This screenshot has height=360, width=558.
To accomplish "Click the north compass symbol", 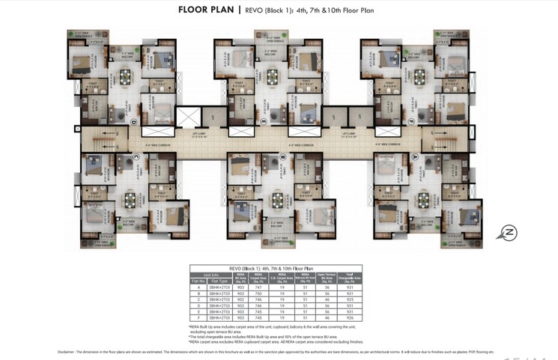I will [x=509, y=233].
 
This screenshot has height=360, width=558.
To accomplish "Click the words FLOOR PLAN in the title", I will [x=206, y=10].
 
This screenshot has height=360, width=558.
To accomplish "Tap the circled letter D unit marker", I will [x=133, y=121].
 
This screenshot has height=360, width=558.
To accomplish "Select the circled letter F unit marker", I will [x=410, y=121].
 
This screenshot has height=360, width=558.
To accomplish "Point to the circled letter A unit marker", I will [x=414, y=157].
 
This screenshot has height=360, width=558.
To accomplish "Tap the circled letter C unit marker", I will [x=136, y=157].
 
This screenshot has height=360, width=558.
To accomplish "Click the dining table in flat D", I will [x=124, y=77].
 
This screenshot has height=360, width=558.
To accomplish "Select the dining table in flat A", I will [x=425, y=200].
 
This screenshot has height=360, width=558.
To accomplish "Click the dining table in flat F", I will [x=419, y=77].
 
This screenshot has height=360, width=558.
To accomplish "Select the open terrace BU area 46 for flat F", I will [x=327, y=317].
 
